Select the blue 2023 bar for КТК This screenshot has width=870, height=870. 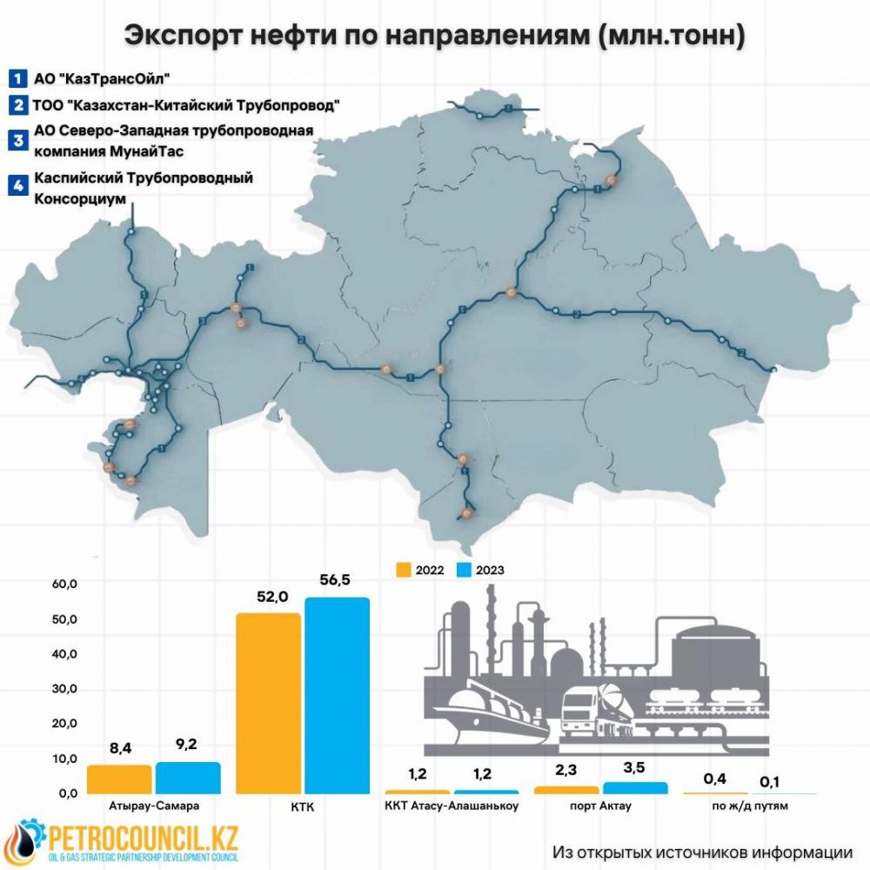337,695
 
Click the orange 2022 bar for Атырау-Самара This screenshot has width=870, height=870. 119,779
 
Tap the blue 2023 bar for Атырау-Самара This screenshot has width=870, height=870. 187,778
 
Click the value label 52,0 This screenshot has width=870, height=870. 270,597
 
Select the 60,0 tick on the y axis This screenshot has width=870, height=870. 66,584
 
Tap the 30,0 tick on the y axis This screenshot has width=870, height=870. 66,689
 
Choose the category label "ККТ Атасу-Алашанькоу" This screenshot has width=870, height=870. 452,806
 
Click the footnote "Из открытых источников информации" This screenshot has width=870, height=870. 702,850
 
